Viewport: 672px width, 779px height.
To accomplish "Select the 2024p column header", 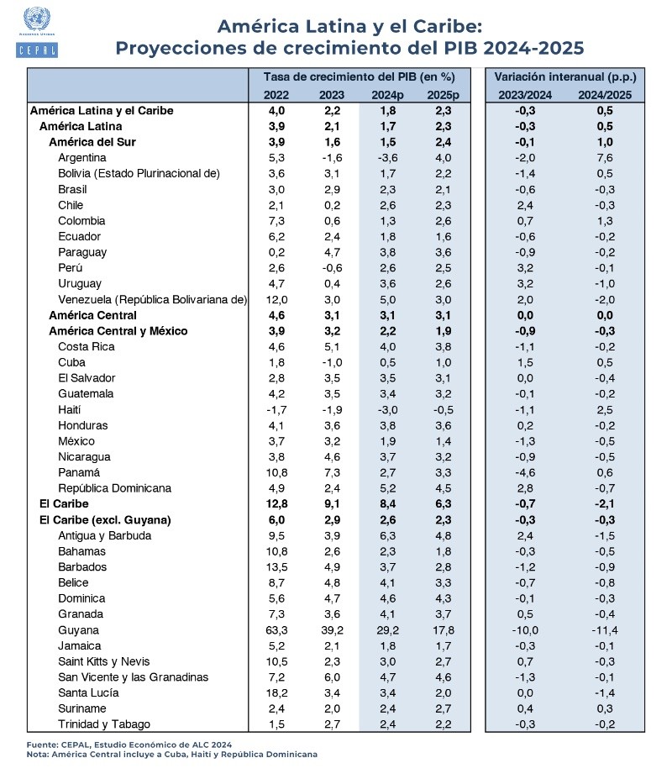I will pyautogui.click(x=387, y=94).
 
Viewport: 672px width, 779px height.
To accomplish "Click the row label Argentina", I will pyautogui.click(x=82, y=158).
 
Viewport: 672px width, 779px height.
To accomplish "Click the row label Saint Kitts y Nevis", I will pyautogui.click(x=105, y=661).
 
